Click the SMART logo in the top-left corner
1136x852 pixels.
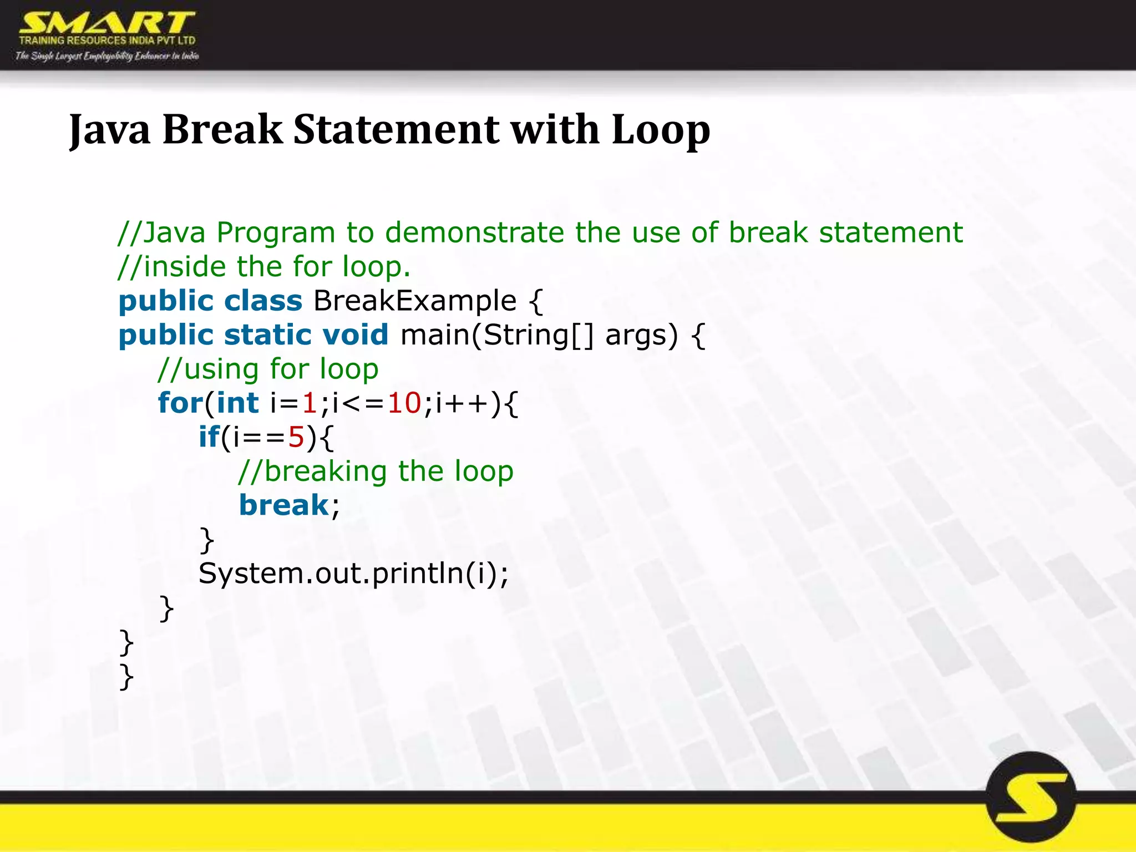(x=107, y=35)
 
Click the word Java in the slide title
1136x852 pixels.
(x=110, y=130)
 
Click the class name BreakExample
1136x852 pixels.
(x=415, y=301)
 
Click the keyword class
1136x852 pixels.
(x=263, y=301)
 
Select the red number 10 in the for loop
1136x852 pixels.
(x=404, y=403)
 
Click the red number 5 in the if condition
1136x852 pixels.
(x=296, y=438)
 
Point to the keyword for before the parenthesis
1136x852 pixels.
(x=180, y=403)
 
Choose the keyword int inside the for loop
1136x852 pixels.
(x=237, y=403)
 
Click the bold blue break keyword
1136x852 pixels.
(x=284, y=505)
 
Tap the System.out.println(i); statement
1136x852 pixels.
(x=353, y=574)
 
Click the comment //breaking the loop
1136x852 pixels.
(x=376, y=472)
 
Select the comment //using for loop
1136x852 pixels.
(x=268, y=369)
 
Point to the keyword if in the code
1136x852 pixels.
(x=209, y=438)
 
